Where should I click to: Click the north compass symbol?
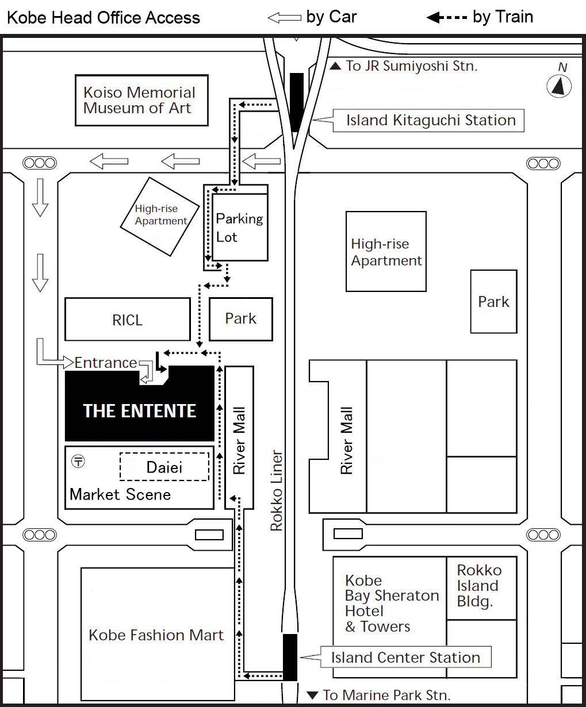pyautogui.click(x=559, y=86)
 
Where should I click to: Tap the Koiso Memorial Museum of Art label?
pyautogui.click(x=139, y=100)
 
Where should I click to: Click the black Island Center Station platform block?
pyautogui.click(x=290, y=657)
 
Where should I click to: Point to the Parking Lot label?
pyautogui.click(x=239, y=228)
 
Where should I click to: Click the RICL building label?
pyautogui.click(x=127, y=320)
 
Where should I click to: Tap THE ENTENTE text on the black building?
pyautogui.click(x=140, y=411)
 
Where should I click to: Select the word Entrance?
pyautogui.click(x=106, y=363)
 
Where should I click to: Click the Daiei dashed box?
pyautogui.click(x=164, y=467)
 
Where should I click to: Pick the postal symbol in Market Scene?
pyautogui.click(x=78, y=461)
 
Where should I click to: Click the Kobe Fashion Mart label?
pyautogui.click(x=156, y=635)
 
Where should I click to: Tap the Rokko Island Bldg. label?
pyautogui.click(x=479, y=586)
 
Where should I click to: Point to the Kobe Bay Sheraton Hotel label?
pyautogui.click(x=392, y=604)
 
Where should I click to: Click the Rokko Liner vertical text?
pyautogui.click(x=277, y=490)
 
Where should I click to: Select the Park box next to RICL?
pyautogui.click(x=241, y=319)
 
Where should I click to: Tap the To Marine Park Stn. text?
pyautogui.click(x=379, y=695)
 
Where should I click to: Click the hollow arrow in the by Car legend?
pyautogui.click(x=284, y=18)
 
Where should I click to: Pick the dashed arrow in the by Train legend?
pyautogui.click(x=447, y=17)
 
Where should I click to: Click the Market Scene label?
pyautogui.click(x=120, y=494)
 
